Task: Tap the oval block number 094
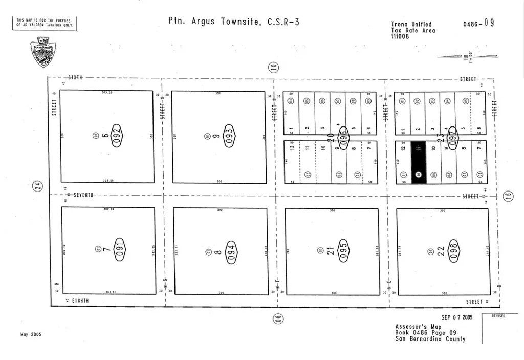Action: pos(231,250)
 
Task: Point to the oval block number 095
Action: pos(343,250)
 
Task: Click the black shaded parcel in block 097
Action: pos(419,162)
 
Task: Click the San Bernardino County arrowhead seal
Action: pos(43,53)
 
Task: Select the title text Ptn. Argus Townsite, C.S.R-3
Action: pos(234,22)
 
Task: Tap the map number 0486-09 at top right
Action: pos(478,24)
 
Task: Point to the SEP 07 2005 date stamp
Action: pos(457,317)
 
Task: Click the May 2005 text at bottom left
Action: pos(31,334)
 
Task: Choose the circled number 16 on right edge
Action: pos(508,196)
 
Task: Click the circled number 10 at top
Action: pos(274,66)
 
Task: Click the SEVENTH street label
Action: pos(83,195)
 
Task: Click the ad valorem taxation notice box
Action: pos(45,23)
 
